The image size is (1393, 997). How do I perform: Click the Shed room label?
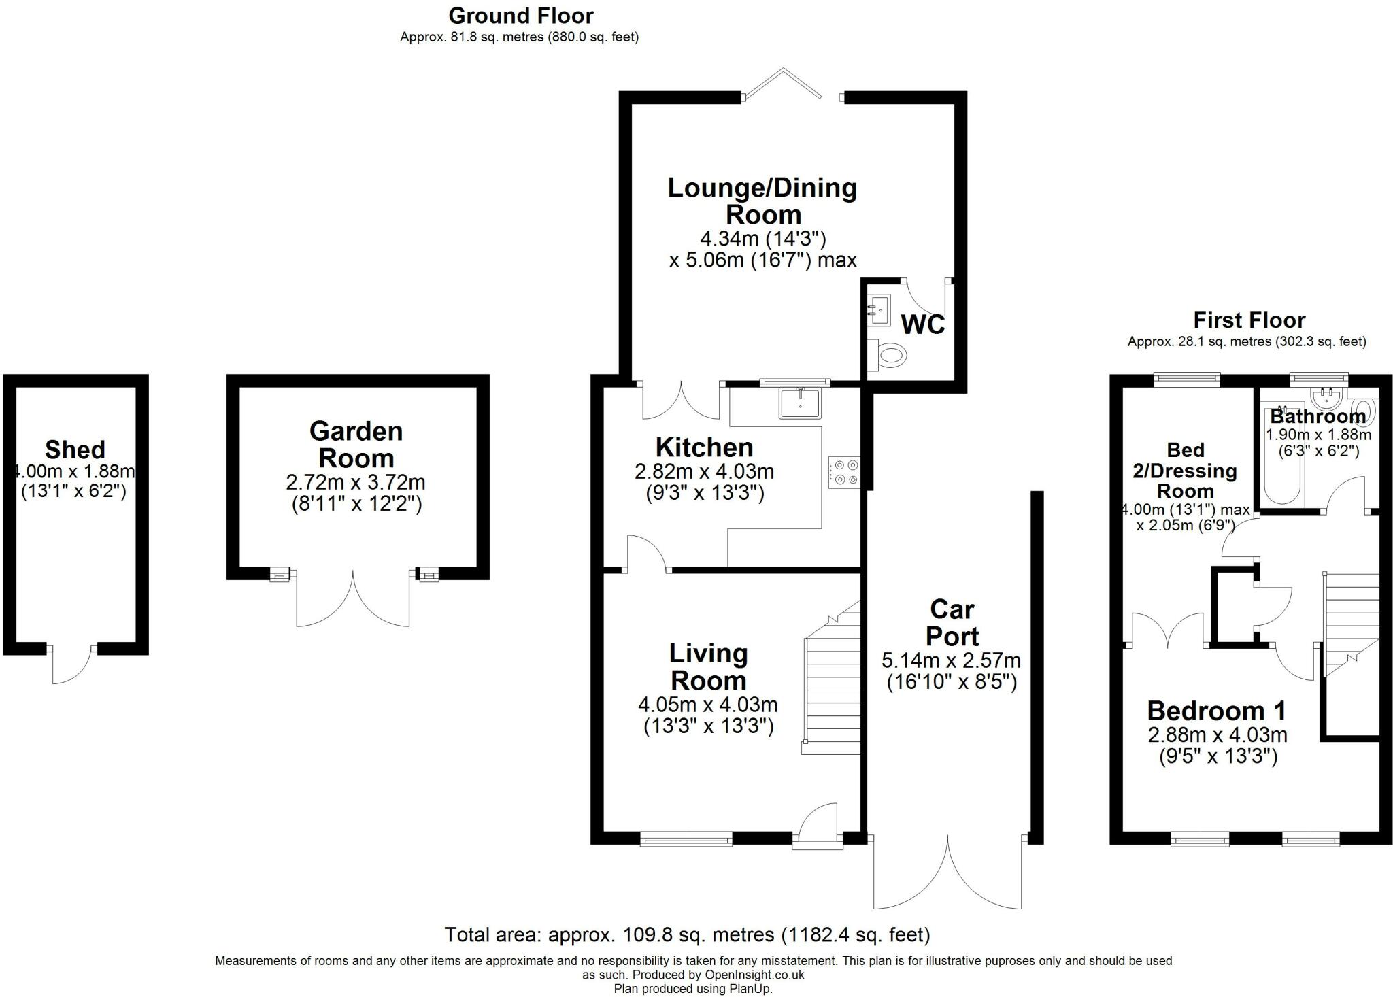click(x=75, y=450)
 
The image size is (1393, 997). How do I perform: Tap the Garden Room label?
click(x=356, y=445)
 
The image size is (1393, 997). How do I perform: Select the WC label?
click(x=922, y=325)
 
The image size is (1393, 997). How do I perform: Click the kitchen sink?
click(x=801, y=403)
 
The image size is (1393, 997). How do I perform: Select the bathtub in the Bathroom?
click(x=1282, y=462)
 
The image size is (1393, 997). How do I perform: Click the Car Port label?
click(x=952, y=622)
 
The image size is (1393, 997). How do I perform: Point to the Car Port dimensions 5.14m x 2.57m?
click(x=951, y=660)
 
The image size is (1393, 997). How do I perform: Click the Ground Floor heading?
click(x=520, y=15)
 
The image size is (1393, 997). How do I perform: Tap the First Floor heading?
click(x=1249, y=320)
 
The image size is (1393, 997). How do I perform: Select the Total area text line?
click(x=687, y=934)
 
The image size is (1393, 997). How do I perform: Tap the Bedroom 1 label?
click(x=1216, y=711)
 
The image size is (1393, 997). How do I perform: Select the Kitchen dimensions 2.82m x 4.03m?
click(x=704, y=471)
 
